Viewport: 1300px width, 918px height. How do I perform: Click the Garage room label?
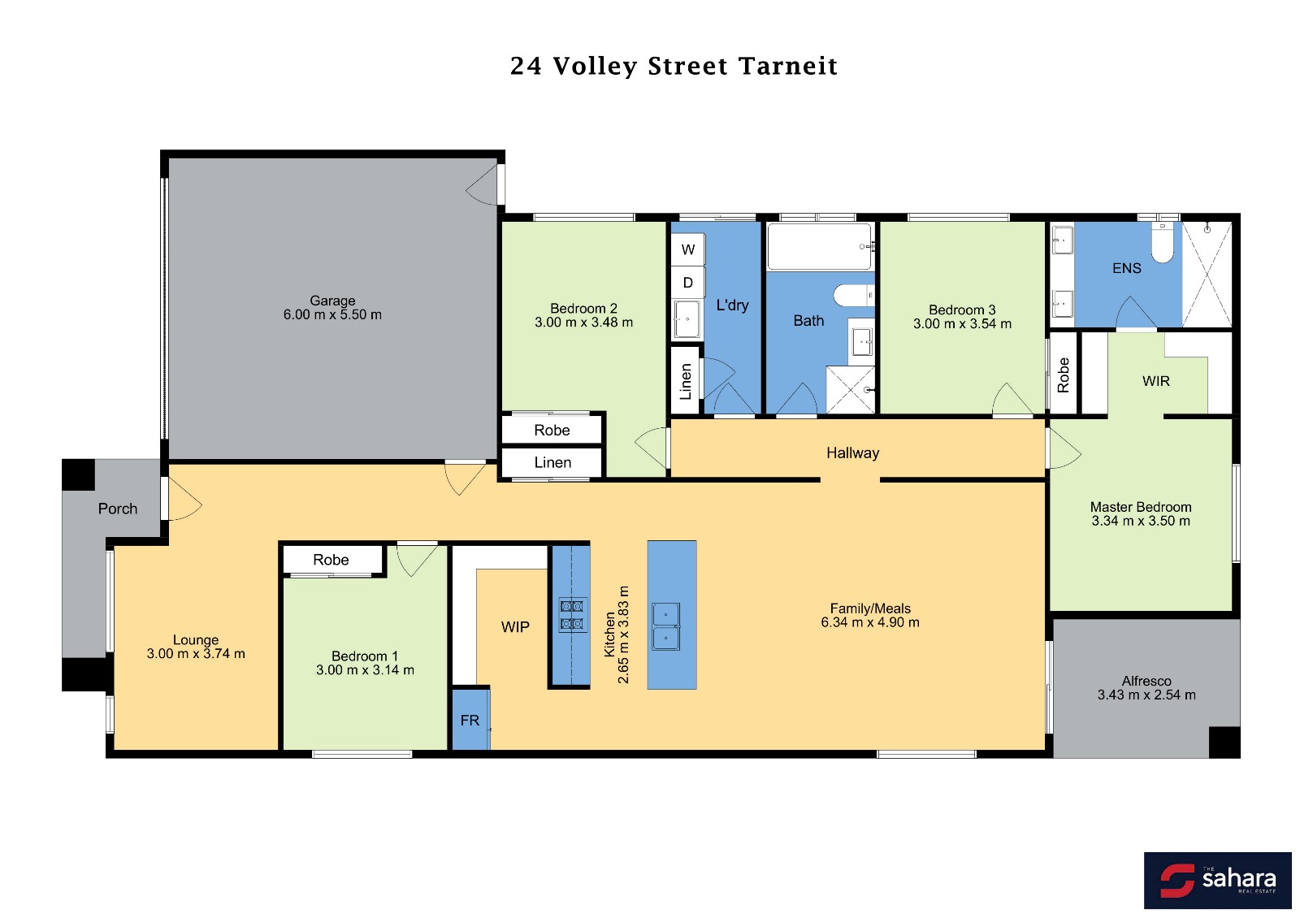tap(332, 301)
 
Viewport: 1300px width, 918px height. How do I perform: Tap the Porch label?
tap(117, 509)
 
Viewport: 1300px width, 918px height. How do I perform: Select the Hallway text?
tap(852, 453)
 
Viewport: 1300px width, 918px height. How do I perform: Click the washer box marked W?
tap(687, 249)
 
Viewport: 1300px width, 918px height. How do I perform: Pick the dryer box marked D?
tap(687, 283)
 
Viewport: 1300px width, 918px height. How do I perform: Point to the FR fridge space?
tap(470, 719)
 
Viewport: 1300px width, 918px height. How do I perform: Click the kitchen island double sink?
tap(665, 626)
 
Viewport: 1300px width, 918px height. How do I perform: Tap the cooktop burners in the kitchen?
tap(572, 615)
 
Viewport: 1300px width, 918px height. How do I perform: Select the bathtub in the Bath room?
tap(820, 247)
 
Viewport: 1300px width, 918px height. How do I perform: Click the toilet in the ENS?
tap(1163, 243)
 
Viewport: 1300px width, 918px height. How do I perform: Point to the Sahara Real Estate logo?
tap(1218, 881)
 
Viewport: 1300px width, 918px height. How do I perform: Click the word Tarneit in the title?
tap(788, 66)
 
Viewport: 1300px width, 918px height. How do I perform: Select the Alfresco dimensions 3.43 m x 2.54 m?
tap(1146, 695)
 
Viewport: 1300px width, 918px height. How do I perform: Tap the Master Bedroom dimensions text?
tap(1141, 521)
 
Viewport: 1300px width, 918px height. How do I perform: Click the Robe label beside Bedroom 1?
tap(331, 560)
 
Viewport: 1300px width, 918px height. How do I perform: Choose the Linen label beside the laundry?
tap(686, 381)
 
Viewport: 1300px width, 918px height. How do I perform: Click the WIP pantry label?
tap(515, 627)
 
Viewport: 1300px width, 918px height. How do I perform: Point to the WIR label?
tap(1156, 381)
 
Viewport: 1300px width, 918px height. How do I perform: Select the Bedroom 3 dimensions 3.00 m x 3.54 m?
tap(962, 324)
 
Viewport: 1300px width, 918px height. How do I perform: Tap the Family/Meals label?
tap(870, 608)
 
